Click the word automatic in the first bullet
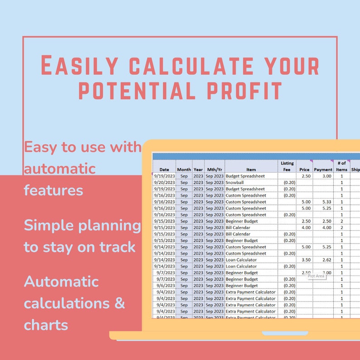(60, 169)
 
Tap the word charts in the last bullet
(46, 325)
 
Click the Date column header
(164, 170)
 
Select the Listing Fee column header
(287, 166)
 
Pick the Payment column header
(323, 170)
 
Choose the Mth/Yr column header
(214, 170)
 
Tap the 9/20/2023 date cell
(165, 182)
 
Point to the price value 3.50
(306, 260)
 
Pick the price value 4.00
(306, 228)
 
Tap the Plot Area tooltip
(316, 276)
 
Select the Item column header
(251, 170)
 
